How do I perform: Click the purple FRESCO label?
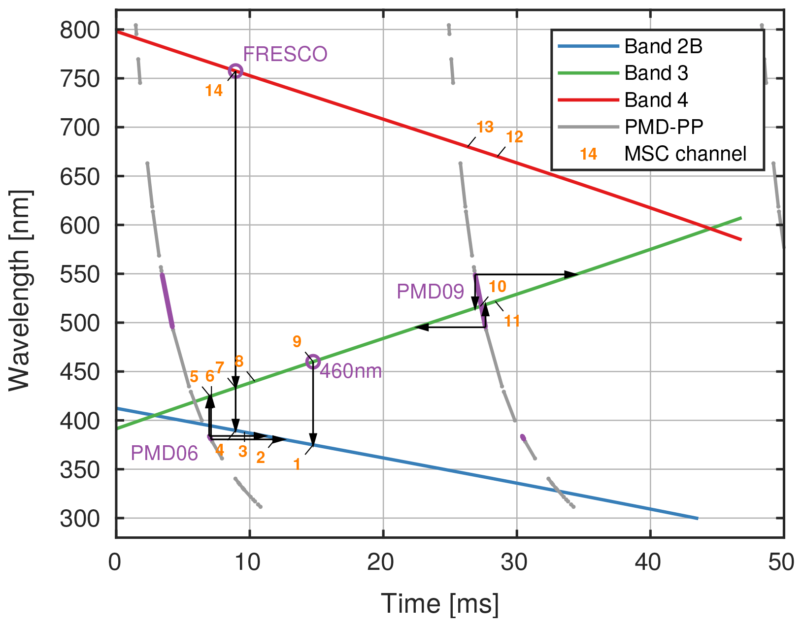[x=285, y=54]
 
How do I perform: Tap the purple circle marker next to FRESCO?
[x=235, y=71]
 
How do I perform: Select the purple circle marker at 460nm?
[x=313, y=362]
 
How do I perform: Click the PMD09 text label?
[x=430, y=292]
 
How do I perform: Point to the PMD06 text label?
[x=164, y=453]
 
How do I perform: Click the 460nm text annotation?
[x=351, y=371]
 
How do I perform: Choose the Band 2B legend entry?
[x=663, y=46]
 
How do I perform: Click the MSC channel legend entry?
[x=685, y=154]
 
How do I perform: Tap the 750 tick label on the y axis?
[x=79, y=79]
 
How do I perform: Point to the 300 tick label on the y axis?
[x=79, y=519]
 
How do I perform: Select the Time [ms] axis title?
[x=440, y=604]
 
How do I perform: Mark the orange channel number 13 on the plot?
[x=485, y=127]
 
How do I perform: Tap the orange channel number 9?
[x=297, y=341]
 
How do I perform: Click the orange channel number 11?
[x=512, y=321]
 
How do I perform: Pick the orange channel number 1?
[x=297, y=464]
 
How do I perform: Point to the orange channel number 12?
[x=514, y=137]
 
